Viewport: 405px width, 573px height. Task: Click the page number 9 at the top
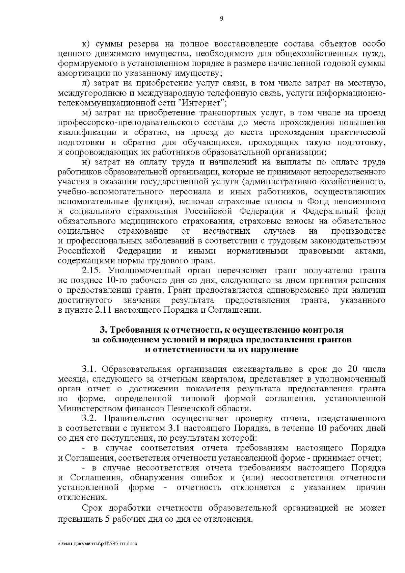(222, 19)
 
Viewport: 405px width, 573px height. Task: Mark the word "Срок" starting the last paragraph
(93, 509)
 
